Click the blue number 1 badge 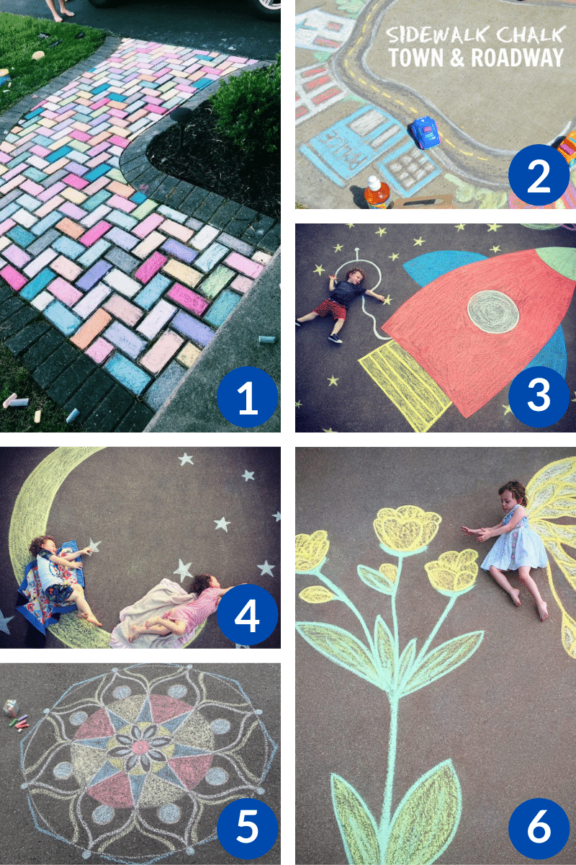coord(247,396)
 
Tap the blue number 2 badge coord(539,175)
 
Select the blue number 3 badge coord(539,396)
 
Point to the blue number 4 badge coord(247,614)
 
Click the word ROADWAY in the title coord(518,58)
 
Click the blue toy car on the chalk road coord(425,133)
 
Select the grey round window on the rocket coord(492,311)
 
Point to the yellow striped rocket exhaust coord(405,386)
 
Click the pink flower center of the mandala coord(140,747)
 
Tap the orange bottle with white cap coord(377,192)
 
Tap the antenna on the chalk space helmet coord(357,255)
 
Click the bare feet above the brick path coord(63,14)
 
